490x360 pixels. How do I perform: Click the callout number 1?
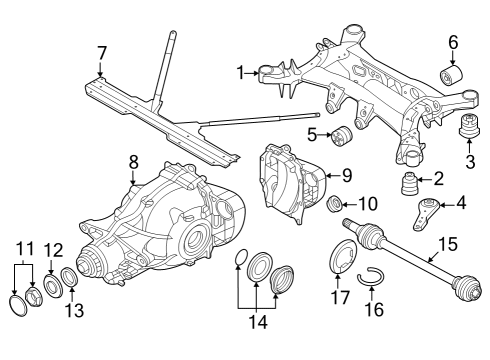[240, 72]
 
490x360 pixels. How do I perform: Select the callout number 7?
[101, 51]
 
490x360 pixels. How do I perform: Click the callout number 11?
[25, 246]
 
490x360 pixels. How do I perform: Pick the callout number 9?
[346, 175]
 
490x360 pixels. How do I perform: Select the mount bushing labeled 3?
[468, 133]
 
